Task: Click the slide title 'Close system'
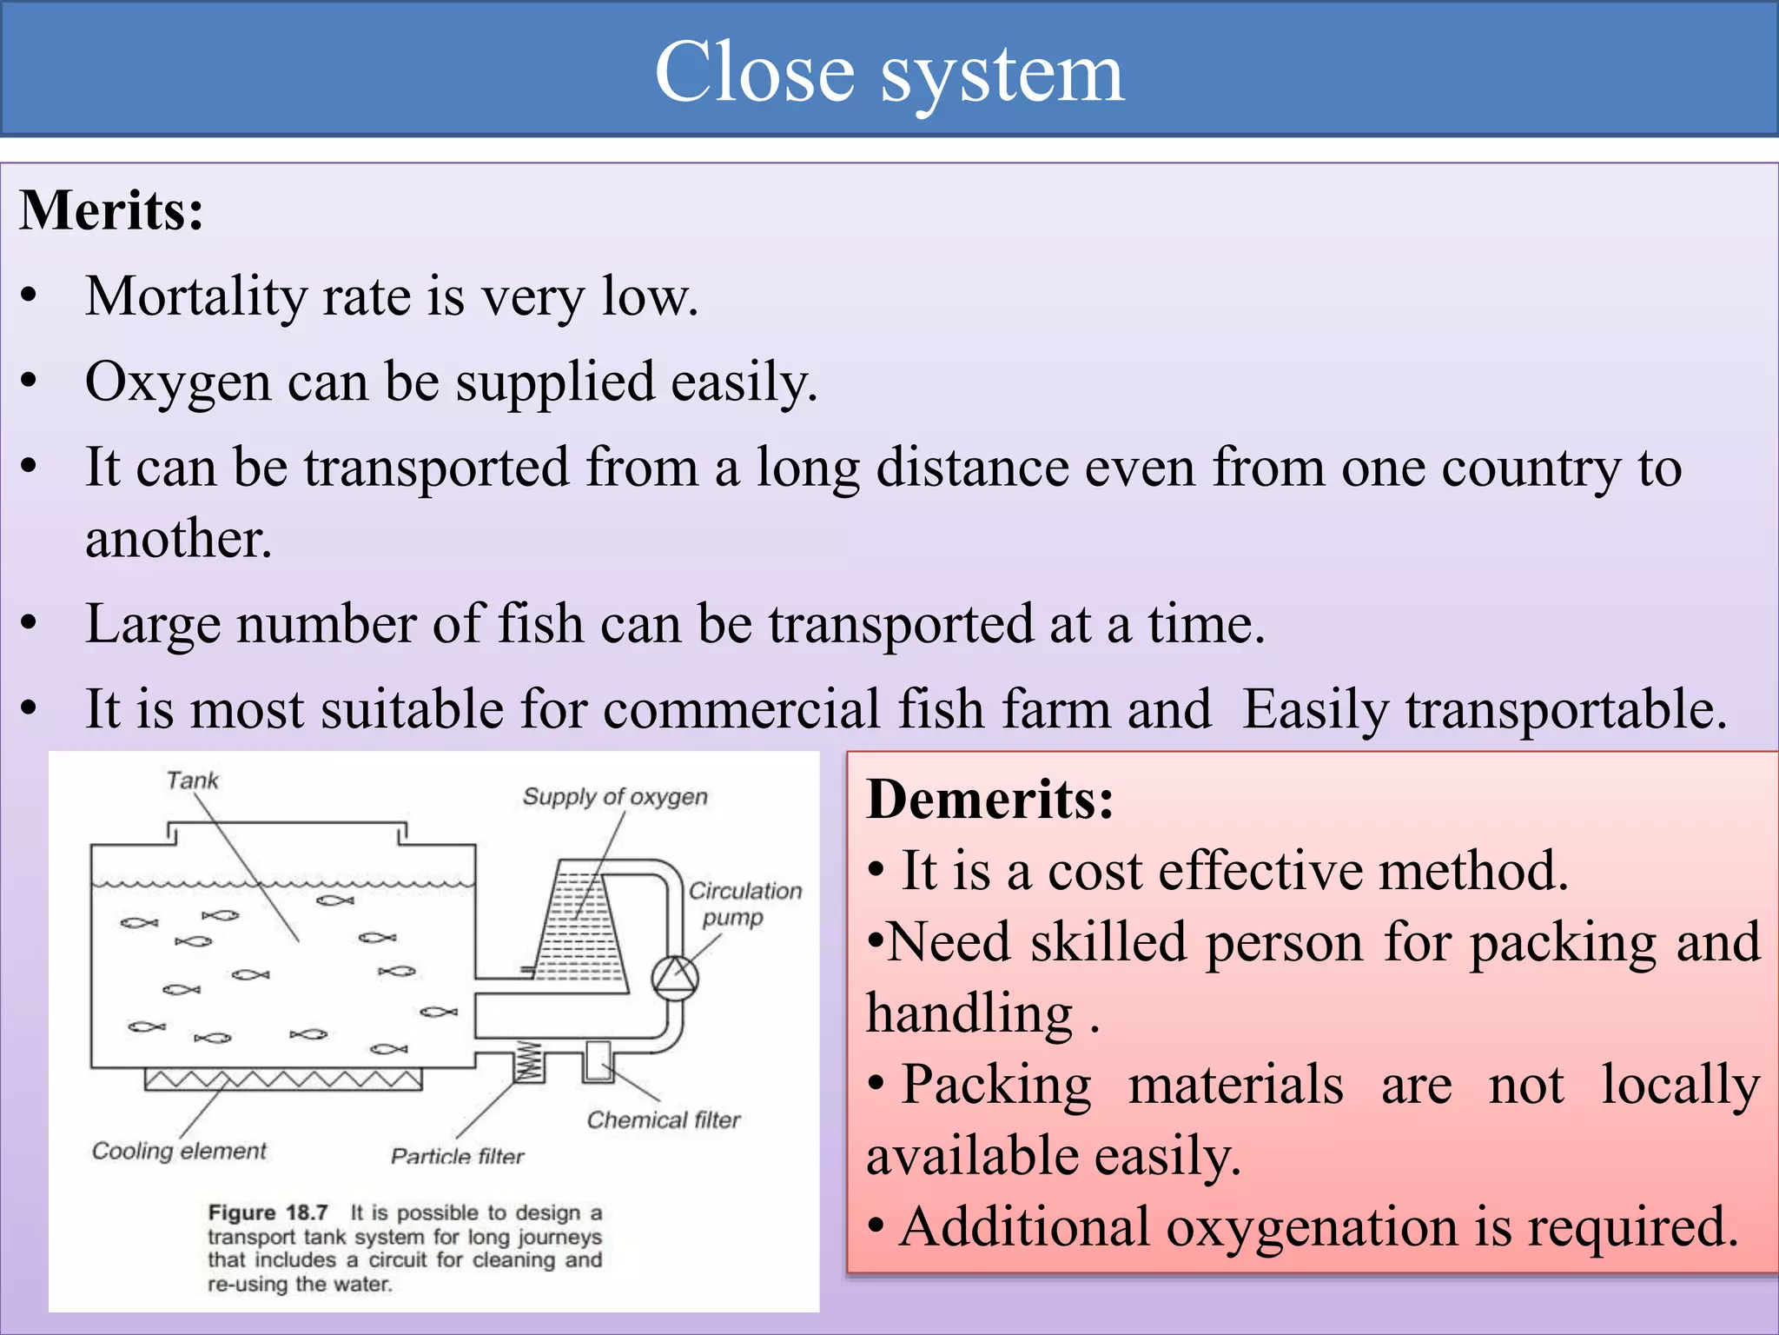(x=889, y=73)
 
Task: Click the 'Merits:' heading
(x=111, y=211)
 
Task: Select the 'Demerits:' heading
(x=989, y=799)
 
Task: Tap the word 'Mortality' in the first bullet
(x=195, y=296)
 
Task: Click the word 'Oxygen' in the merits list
(x=178, y=382)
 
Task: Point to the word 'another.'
(x=179, y=538)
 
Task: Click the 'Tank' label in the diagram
(x=192, y=780)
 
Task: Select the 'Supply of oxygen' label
(x=615, y=797)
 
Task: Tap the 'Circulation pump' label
(x=744, y=904)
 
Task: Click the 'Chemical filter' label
(x=663, y=1119)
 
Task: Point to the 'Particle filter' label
(x=457, y=1156)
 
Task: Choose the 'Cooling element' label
(x=179, y=1151)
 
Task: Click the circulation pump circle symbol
(x=675, y=979)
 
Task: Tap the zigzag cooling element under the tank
(x=282, y=1079)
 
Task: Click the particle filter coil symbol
(x=528, y=1061)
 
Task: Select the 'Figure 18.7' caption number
(x=268, y=1212)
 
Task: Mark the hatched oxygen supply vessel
(x=580, y=930)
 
